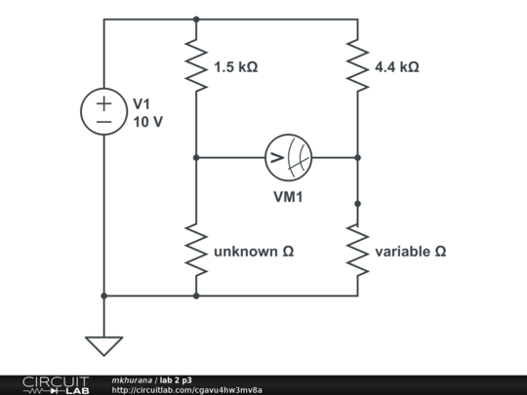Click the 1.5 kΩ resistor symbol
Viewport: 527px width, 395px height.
tap(196, 65)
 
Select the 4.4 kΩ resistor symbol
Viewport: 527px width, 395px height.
tap(357, 65)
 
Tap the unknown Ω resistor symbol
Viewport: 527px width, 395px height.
tap(196, 250)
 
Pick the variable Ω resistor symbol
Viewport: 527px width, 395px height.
tap(357, 250)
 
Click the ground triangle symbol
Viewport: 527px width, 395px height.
tap(103, 346)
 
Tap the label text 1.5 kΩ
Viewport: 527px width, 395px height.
tap(236, 67)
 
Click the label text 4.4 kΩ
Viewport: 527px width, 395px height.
tap(397, 67)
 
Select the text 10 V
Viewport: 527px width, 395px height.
tap(148, 122)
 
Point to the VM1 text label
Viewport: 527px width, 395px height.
tap(288, 197)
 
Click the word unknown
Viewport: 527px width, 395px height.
tap(246, 252)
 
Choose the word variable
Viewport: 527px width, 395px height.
tap(403, 252)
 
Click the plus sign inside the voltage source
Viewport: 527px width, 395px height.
tap(103, 103)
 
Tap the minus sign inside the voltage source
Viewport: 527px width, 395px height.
tap(103, 122)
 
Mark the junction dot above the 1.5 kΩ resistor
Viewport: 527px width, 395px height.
tap(196, 20)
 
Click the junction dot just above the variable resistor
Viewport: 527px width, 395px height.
tap(357, 204)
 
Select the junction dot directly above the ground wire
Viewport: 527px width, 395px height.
tap(103, 296)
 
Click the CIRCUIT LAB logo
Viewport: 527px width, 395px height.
tap(56, 385)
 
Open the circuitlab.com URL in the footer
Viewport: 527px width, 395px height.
tap(186, 390)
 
